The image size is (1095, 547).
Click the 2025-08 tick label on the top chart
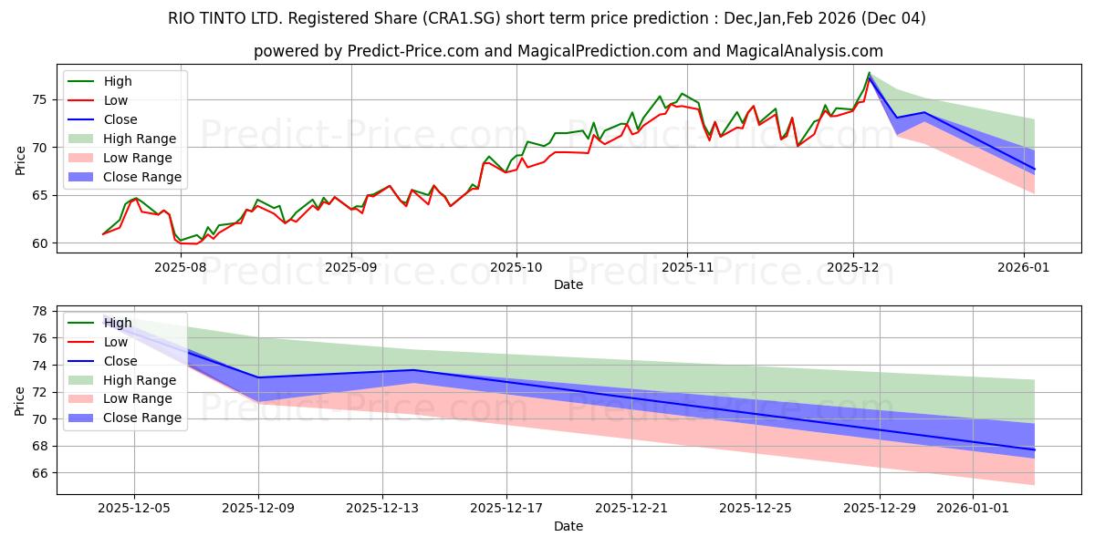180,268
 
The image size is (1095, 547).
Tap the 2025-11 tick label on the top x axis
686,268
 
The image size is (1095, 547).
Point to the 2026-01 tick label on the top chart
1023,268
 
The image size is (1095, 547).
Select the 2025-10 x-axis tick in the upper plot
516,268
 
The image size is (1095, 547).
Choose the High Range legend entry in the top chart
140,139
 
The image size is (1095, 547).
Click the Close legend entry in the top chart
120,119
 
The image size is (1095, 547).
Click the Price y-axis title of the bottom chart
19,400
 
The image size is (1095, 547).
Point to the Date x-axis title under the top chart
568,284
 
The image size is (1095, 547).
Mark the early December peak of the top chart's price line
869,74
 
